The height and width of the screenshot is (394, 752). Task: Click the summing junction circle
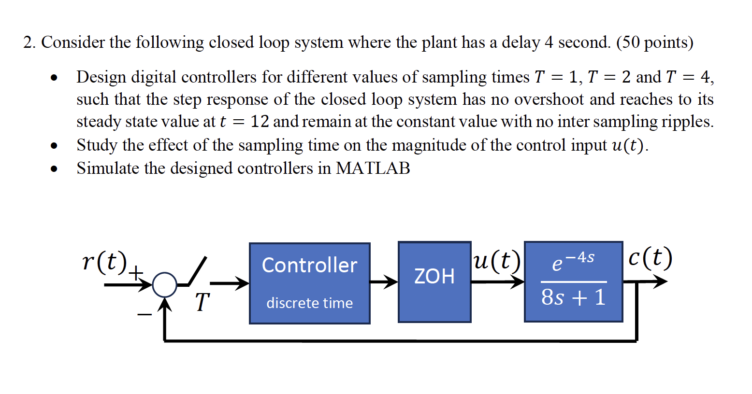coord(165,285)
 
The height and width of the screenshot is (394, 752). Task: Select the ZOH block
coord(434,281)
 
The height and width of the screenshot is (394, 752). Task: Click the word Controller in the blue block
coord(309,265)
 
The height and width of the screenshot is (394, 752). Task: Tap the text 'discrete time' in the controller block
coord(309,303)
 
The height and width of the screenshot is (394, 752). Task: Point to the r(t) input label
coord(104,261)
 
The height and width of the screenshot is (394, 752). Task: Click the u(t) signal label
coord(497,260)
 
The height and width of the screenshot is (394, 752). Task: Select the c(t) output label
coord(650,258)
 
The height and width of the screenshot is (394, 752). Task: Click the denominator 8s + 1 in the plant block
coord(573,297)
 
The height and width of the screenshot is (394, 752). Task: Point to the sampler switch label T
coord(202,302)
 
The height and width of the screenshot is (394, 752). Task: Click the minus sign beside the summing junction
coord(144,315)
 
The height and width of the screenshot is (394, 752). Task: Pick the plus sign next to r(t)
coord(136,272)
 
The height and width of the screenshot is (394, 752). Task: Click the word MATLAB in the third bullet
coord(373,168)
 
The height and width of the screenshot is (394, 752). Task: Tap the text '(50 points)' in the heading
coord(654,42)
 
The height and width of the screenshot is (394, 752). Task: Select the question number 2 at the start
coord(29,42)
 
